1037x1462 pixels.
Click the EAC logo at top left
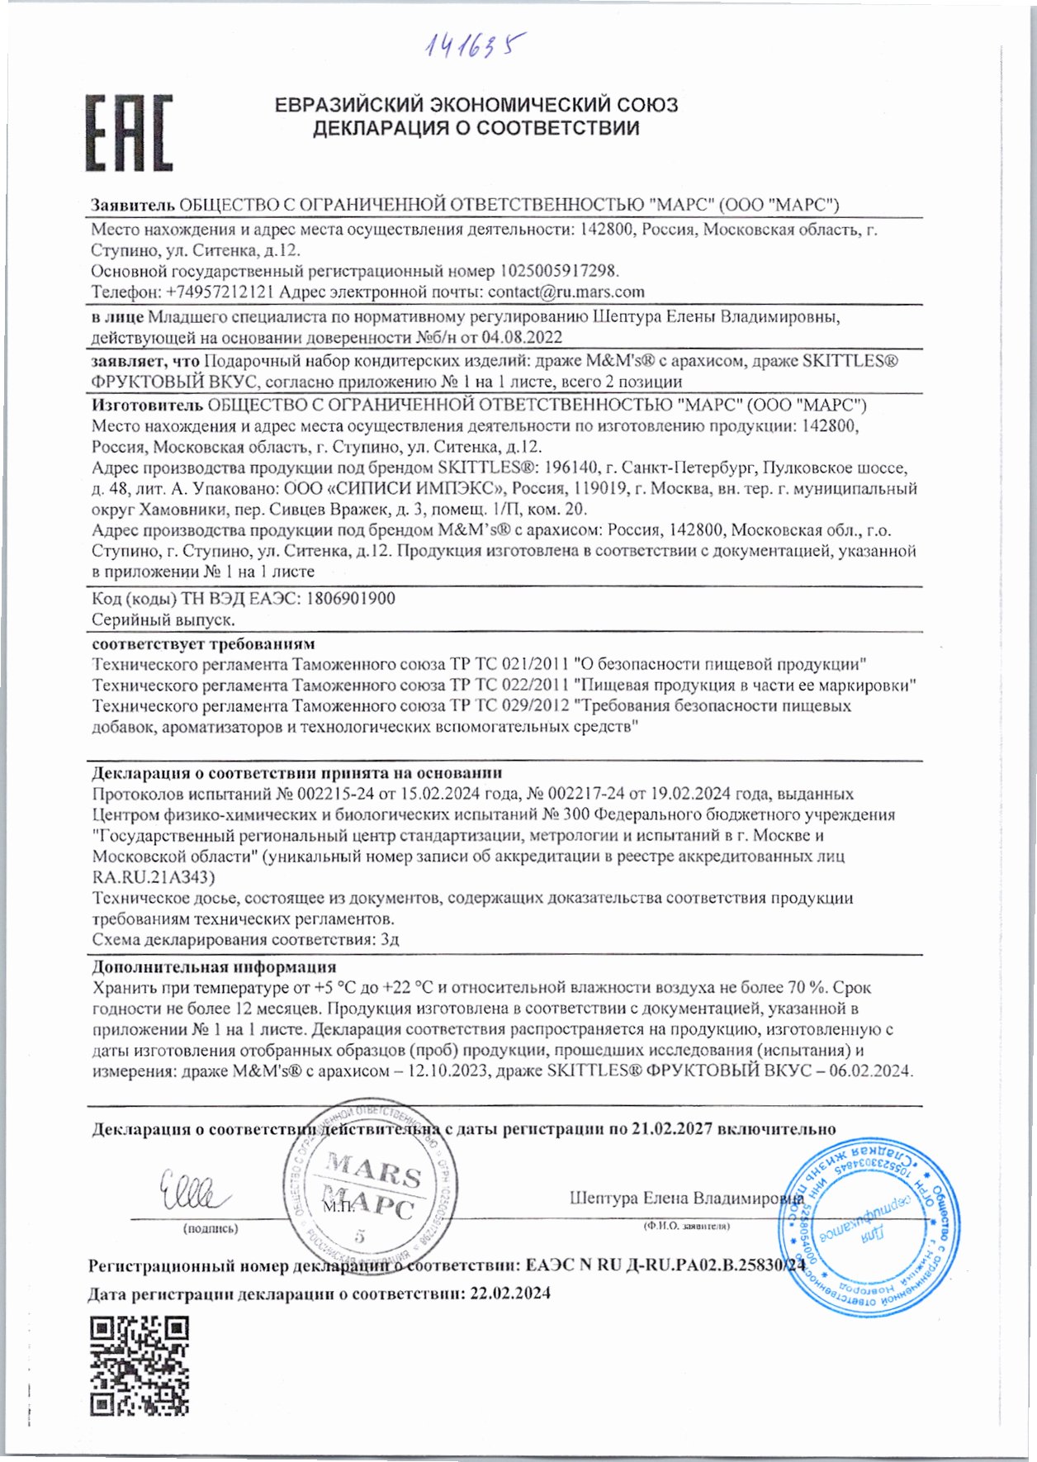pyautogui.click(x=129, y=132)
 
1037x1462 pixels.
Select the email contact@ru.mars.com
pyautogui.click(x=566, y=292)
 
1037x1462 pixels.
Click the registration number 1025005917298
pyautogui.click(x=558, y=271)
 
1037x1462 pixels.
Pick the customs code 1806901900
pyautogui.click(x=350, y=598)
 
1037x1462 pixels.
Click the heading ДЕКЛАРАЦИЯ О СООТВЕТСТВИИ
pyautogui.click(x=476, y=128)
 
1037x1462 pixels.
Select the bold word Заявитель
pyautogui.click(x=132, y=205)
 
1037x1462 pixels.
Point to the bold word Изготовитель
pyautogui.click(x=147, y=405)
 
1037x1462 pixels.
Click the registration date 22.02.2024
pyautogui.click(x=509, y=1293)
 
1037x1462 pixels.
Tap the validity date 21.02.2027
pyautogui.click(x=671, y=1128)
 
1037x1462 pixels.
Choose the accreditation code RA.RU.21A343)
pyautogui.click(x=153, y=876)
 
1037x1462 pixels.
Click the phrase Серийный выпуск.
pyautogui.click(x=163, y=619)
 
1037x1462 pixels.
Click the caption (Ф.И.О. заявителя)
pyautogui.click(x=686, y=1226)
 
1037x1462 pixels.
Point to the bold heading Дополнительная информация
pyautogui.click(x=214, y=966)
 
